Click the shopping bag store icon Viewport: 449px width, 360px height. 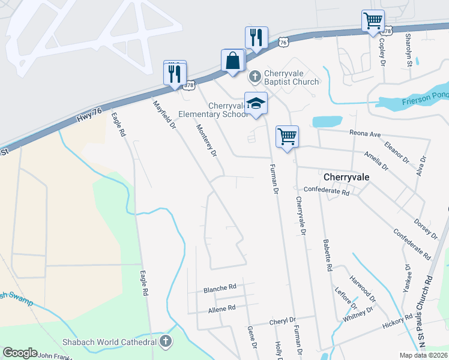[232, 61]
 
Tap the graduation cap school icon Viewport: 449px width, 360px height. [256, 103]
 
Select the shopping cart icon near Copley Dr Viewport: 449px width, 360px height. [373, 21]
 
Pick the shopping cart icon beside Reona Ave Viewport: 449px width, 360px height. [287, 136]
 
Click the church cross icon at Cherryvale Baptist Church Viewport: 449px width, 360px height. [255, 76]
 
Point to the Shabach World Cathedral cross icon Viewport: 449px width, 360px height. [166, 341]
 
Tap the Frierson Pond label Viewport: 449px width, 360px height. [427, 95]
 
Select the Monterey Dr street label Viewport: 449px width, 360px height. [206, 140]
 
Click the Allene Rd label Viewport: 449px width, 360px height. [221, 308]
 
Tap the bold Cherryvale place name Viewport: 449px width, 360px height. [345, 178]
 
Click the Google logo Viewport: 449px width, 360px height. [20, 352]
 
